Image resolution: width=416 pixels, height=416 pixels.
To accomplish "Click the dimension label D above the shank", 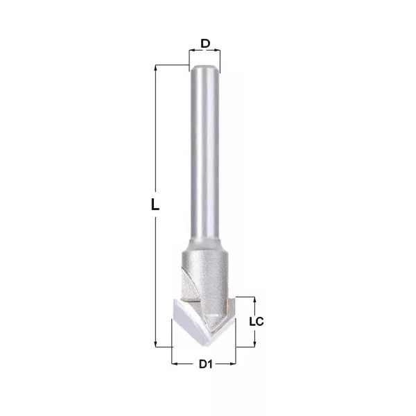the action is [205, 44].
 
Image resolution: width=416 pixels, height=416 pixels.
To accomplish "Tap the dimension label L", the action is [155, 205].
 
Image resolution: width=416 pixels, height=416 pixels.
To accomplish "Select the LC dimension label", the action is [257, 322].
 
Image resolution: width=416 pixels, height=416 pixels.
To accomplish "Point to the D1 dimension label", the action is [206, 364].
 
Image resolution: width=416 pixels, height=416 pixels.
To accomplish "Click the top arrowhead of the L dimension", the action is [155, 68].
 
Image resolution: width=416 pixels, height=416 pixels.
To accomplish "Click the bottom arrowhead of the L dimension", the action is [155, 344].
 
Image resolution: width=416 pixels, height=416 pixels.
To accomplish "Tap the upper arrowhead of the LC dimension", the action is [254, 300].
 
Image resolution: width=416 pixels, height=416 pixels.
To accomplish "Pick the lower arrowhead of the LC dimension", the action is [254, 344].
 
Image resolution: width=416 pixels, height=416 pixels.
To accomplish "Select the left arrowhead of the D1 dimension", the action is [175, 363].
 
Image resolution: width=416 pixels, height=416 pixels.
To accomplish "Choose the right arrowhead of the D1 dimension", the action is [233, 363].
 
